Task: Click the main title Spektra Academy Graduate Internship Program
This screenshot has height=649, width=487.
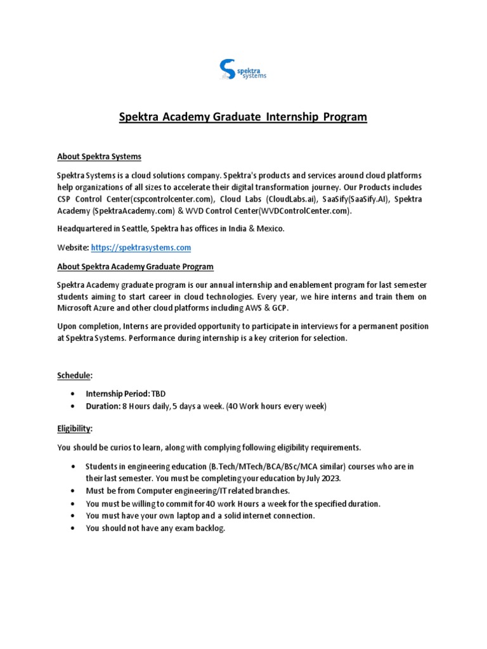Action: point(243,117)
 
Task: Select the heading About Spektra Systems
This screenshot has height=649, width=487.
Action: point(99,156)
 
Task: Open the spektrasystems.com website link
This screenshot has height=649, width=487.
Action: point(141,247)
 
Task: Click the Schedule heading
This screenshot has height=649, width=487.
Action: point(74,375)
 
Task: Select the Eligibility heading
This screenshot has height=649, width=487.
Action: point(74,429)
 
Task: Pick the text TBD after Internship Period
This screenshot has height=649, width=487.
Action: point(157,394)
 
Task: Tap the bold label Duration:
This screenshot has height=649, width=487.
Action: point(103,406)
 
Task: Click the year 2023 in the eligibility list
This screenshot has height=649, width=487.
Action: point(330,479)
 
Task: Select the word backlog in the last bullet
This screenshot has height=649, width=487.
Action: point(211,528)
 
